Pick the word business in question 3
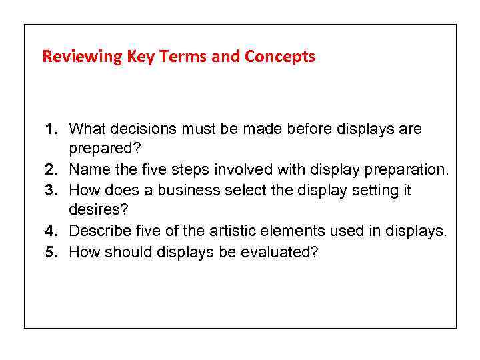tap(191, 191)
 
